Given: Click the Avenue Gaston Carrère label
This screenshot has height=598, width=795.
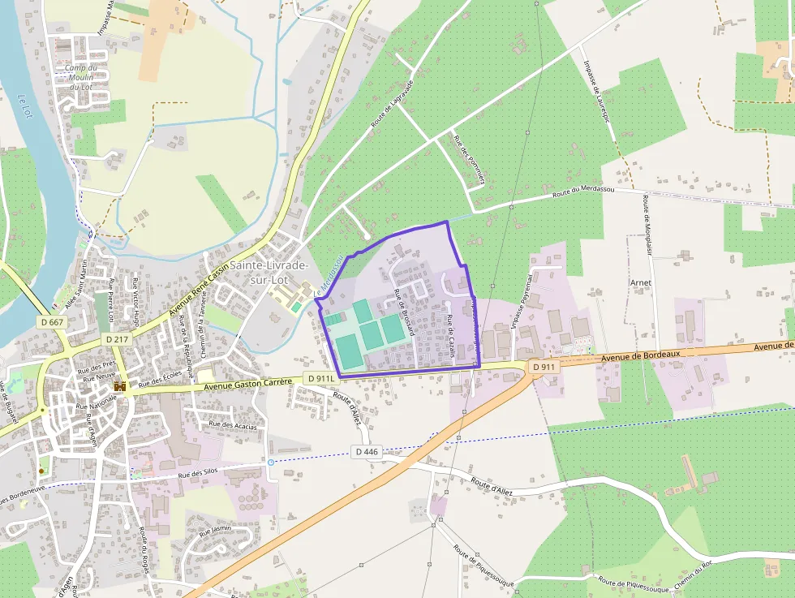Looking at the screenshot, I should point(247,383).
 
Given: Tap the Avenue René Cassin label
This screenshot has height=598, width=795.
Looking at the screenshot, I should point(199,288).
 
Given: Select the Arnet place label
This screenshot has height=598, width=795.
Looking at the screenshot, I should point(641,282).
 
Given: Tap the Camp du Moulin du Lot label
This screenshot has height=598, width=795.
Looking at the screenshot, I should point(81,77).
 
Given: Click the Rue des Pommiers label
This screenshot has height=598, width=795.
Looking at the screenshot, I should point(469,159).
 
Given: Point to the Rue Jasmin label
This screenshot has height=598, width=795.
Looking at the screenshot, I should point(216,529).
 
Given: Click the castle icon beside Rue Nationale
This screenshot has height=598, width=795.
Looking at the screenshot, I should point(120,387).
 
